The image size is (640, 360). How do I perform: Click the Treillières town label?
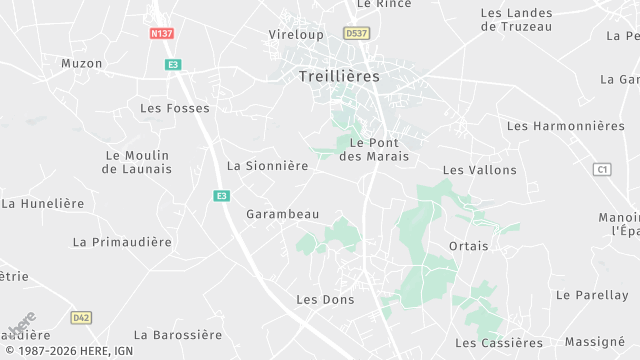[339, 75]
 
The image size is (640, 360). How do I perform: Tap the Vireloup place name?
[295, 33]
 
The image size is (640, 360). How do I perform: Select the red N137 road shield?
[161, 33]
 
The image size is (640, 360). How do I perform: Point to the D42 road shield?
[81, 317]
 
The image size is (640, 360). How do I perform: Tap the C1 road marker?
[601, 169]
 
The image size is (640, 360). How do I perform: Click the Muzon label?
[82, 63]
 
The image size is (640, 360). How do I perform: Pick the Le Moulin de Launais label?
[137, 162]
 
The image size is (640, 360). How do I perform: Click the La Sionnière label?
[267, 166]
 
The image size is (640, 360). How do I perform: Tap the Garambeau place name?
[283, 214]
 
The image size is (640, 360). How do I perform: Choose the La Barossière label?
[178, 334]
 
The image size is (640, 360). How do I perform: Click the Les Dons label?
[320, 299]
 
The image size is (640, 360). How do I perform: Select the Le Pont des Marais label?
[374, 149]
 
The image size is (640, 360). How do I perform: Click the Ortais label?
[469, 245]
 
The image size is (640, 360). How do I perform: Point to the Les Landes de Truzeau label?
[516, 20]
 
